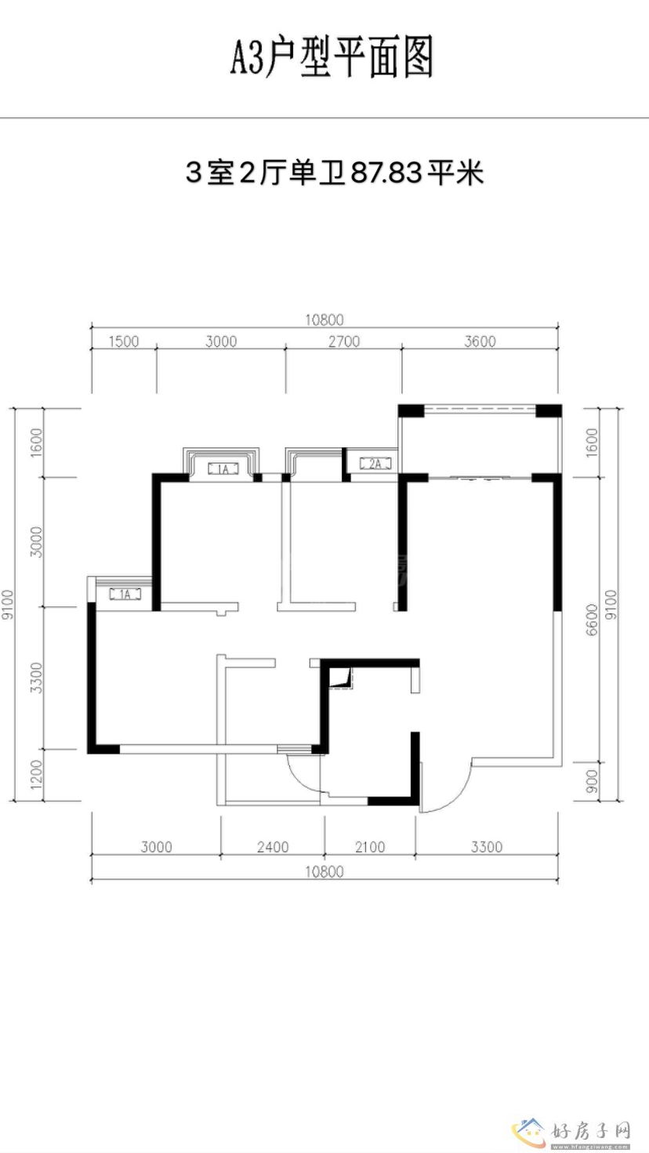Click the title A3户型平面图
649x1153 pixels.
click(332, 57)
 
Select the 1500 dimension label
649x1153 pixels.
click(124, 342)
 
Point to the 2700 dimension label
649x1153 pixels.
click(344, 342)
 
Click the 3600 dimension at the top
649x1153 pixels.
click(480, 342)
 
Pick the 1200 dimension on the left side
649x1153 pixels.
click(36, 775)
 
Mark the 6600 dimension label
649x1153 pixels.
click(592, 620)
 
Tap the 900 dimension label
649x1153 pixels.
click(592, 782)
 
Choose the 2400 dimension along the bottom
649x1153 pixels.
click(273, 847)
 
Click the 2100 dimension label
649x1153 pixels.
click(370, 847)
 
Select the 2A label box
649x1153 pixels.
click(375, 464)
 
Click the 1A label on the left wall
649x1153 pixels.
click(125, 595)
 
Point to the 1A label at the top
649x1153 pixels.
click(223, 469)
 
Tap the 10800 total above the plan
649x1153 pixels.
click(324, 320)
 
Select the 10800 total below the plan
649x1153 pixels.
click(324, 872)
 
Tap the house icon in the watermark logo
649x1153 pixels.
click(530, 1132)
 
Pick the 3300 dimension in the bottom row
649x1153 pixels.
click(486, 847)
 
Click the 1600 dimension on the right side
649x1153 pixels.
click(592, 442)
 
